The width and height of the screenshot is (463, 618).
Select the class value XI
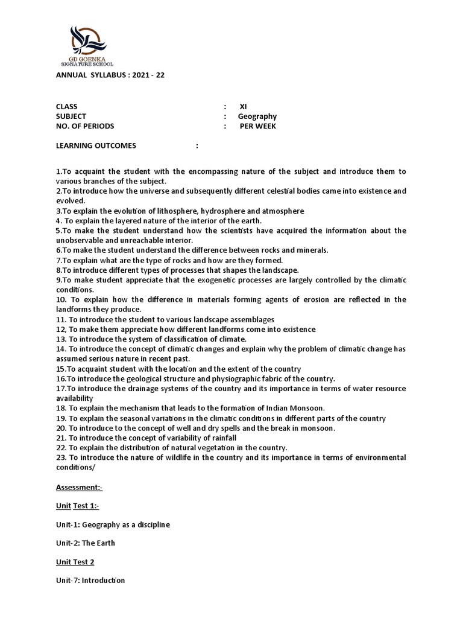[243, 107]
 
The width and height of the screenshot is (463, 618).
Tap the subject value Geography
[257, 116]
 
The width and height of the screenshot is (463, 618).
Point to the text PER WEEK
[258, 126]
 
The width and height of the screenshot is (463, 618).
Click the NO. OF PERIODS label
[85, 126]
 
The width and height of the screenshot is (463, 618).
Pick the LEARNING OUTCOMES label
[96, 145]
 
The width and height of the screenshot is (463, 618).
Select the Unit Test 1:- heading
[77, 505]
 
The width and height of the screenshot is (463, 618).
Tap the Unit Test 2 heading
[75, 562]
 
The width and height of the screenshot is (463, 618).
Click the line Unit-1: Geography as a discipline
[113, 524]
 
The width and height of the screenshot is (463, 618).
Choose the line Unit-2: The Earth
[86, 543]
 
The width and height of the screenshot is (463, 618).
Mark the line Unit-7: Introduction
[90, 581]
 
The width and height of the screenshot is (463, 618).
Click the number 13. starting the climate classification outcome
[61, 339]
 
